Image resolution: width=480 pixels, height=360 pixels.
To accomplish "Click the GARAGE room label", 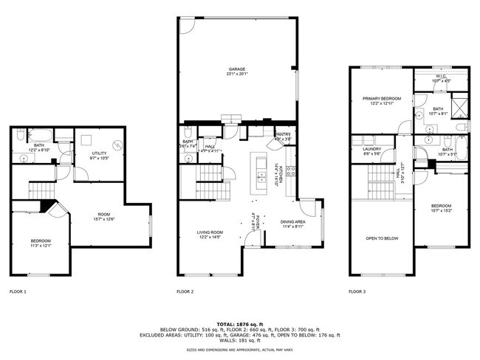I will coord(236,69).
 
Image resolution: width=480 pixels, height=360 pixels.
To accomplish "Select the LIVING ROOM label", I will coord(210,232).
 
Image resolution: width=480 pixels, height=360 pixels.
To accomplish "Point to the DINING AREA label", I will coord(294,222).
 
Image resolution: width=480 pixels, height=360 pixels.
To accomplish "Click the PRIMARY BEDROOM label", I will coord(381,99).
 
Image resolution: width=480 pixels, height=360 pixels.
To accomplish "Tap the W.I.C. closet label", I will coord(441,76).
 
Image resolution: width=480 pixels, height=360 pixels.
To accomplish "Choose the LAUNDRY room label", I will coord(371,150).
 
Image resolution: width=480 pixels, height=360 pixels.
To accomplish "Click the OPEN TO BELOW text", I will coord(382,238).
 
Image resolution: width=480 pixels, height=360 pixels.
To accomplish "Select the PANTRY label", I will coord(283,134).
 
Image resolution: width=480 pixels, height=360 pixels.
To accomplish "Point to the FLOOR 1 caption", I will coord(18,292).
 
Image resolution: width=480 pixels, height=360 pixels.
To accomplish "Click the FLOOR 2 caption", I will coord(185,292).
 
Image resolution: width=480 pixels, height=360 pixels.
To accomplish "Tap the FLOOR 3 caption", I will coord(357,292).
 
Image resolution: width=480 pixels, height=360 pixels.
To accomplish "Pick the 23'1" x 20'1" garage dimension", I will coord(236,74).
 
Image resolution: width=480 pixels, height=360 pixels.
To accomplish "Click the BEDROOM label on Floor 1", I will coord(41,240).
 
